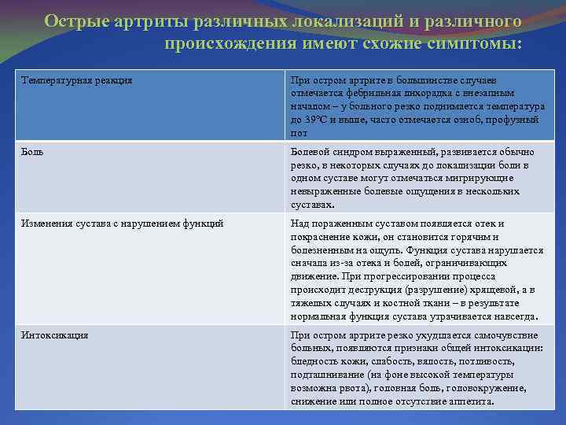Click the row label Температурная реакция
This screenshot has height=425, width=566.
76,80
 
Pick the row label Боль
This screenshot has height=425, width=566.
33,152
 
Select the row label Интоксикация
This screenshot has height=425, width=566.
55,335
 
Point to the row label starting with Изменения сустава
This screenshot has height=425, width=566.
123,224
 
